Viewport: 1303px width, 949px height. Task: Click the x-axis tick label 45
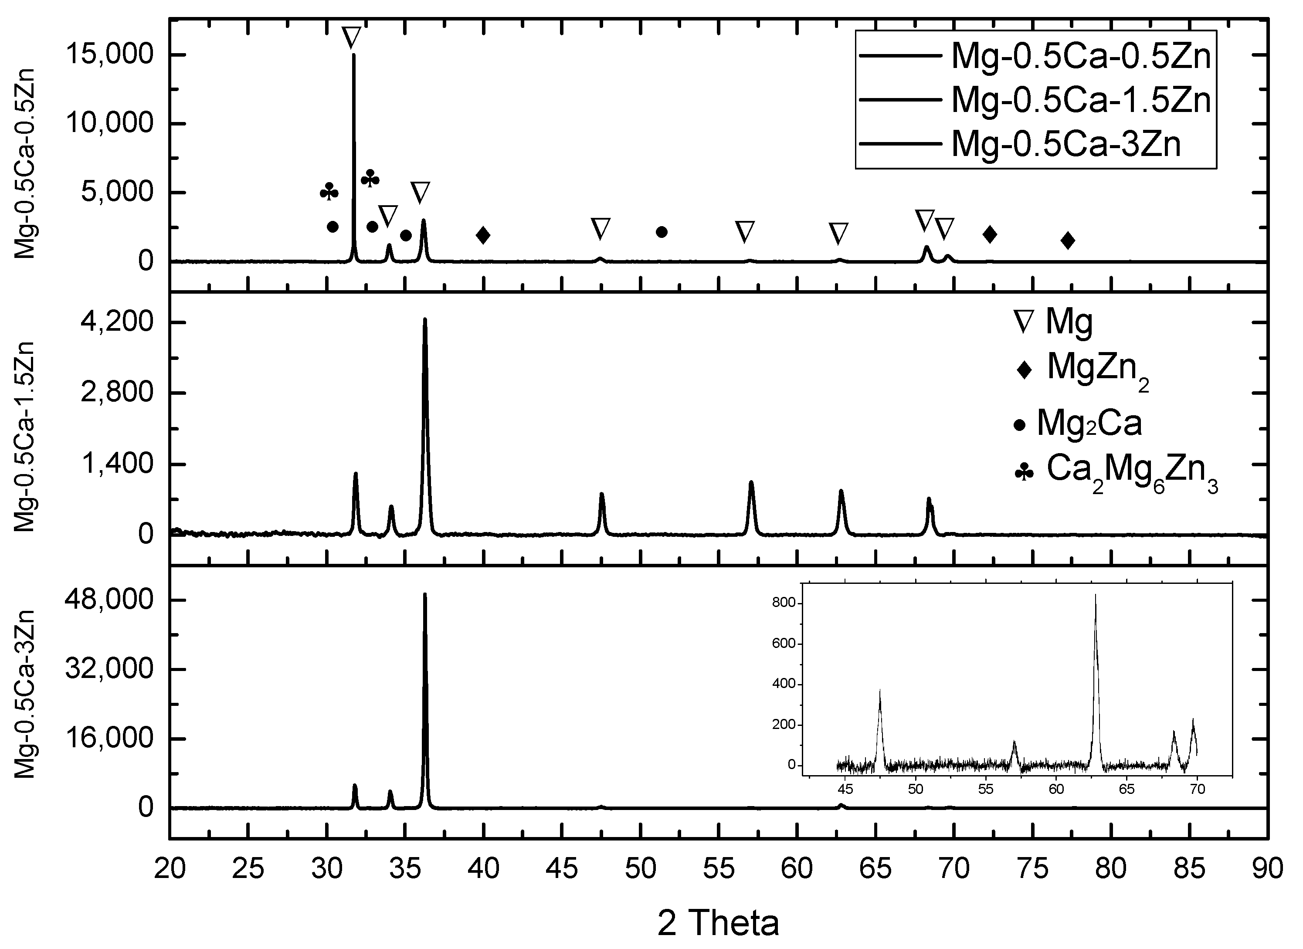coord(562,868)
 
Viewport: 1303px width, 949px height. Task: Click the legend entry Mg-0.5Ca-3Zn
coord(1066,144)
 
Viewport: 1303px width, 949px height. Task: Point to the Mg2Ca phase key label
coord(1089,424)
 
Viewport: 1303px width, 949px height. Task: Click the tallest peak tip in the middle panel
coord(424,319)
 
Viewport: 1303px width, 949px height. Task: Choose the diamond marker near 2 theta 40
coord(483,235)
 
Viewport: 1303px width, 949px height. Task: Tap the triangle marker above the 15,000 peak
coord(352,38)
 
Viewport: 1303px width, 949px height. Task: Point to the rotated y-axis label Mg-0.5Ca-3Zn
coord(25,693)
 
